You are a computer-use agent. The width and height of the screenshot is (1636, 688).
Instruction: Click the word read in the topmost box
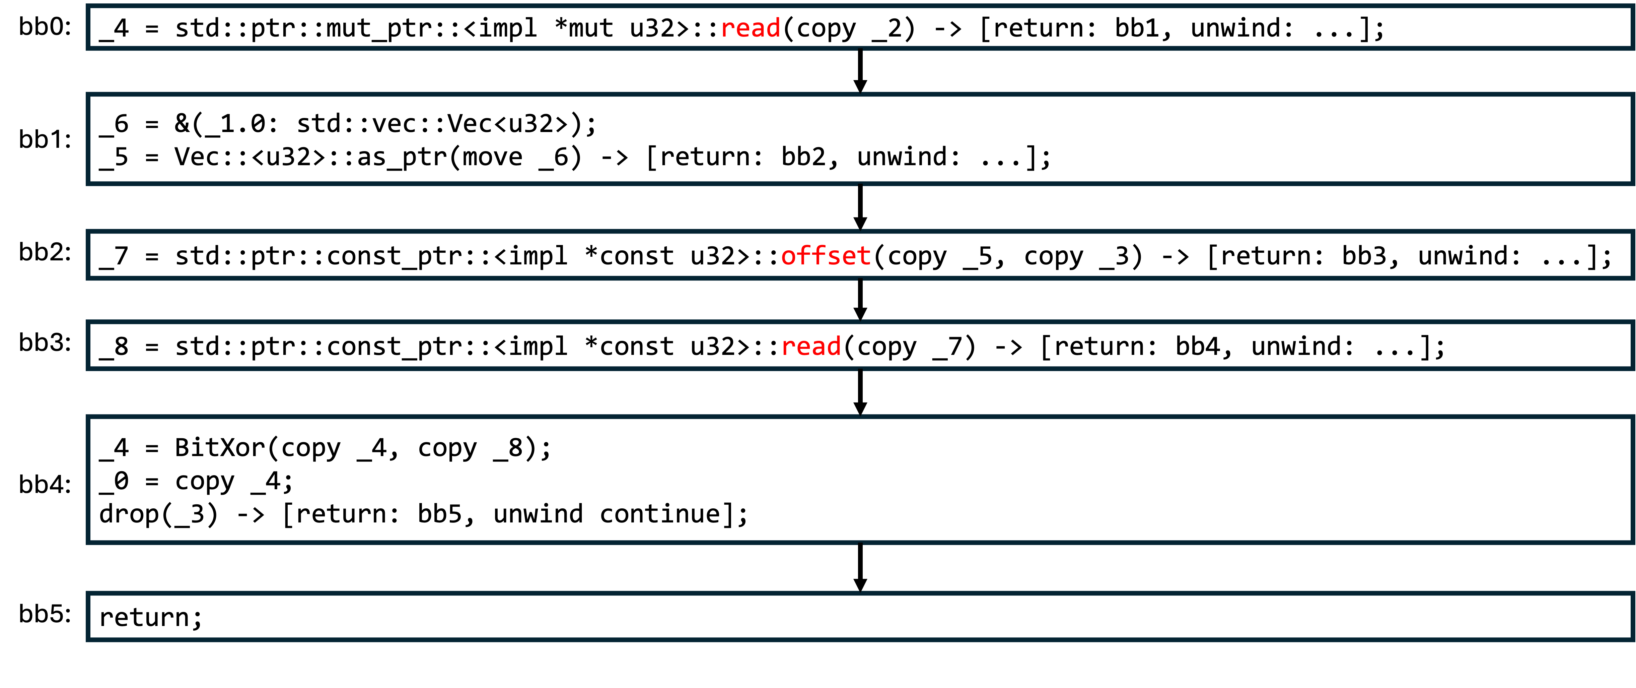point(750,28)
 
